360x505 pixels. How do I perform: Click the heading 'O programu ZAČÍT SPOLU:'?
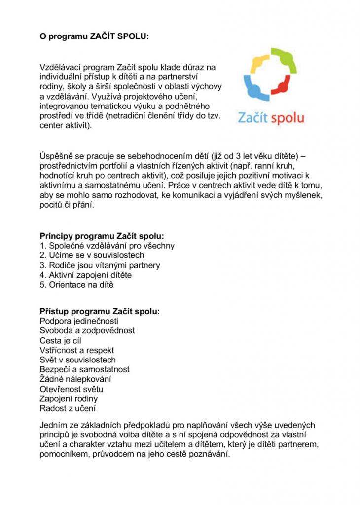(x=94, y=36)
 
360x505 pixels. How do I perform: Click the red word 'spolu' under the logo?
(x=287, y=118)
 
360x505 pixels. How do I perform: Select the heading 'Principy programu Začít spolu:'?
(x=102, y=236)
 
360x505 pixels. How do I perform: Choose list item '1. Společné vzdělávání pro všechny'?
(x=107, y=246)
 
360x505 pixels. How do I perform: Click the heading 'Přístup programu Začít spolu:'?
(x=100, y=311)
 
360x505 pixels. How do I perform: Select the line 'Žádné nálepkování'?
(x=75, y=379)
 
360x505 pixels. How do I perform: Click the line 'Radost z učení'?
(x=68, y=408)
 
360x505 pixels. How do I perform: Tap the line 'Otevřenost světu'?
(x=72, y=389)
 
